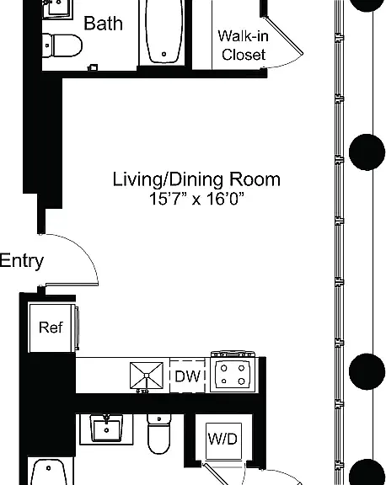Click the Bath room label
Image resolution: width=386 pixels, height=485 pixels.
pos(103,24)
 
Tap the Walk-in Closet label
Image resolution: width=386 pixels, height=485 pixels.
pos(244,45)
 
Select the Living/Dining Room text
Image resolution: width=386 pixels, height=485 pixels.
pos(196,179)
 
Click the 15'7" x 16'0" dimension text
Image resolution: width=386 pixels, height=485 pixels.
pos(196,198)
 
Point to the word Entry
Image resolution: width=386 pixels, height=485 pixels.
pos(22,261)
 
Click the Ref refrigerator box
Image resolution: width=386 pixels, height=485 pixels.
pos(51,328)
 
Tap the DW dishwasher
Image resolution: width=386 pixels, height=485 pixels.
pos(188,376)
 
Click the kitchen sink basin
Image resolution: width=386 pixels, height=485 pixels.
pos(147,376)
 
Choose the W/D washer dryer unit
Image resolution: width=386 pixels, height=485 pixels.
pos(223,439)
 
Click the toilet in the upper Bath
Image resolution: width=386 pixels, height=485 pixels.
pos(62,45)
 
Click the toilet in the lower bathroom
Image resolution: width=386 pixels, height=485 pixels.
pos(158,434)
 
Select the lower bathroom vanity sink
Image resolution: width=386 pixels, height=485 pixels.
pos(106,428)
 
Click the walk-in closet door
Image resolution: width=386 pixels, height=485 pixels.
pos(282,35)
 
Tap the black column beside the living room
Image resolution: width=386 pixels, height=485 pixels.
pos(367,152)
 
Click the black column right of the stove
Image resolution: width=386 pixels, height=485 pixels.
pos(367,371)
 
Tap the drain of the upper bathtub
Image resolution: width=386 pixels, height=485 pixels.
pos(164,54)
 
